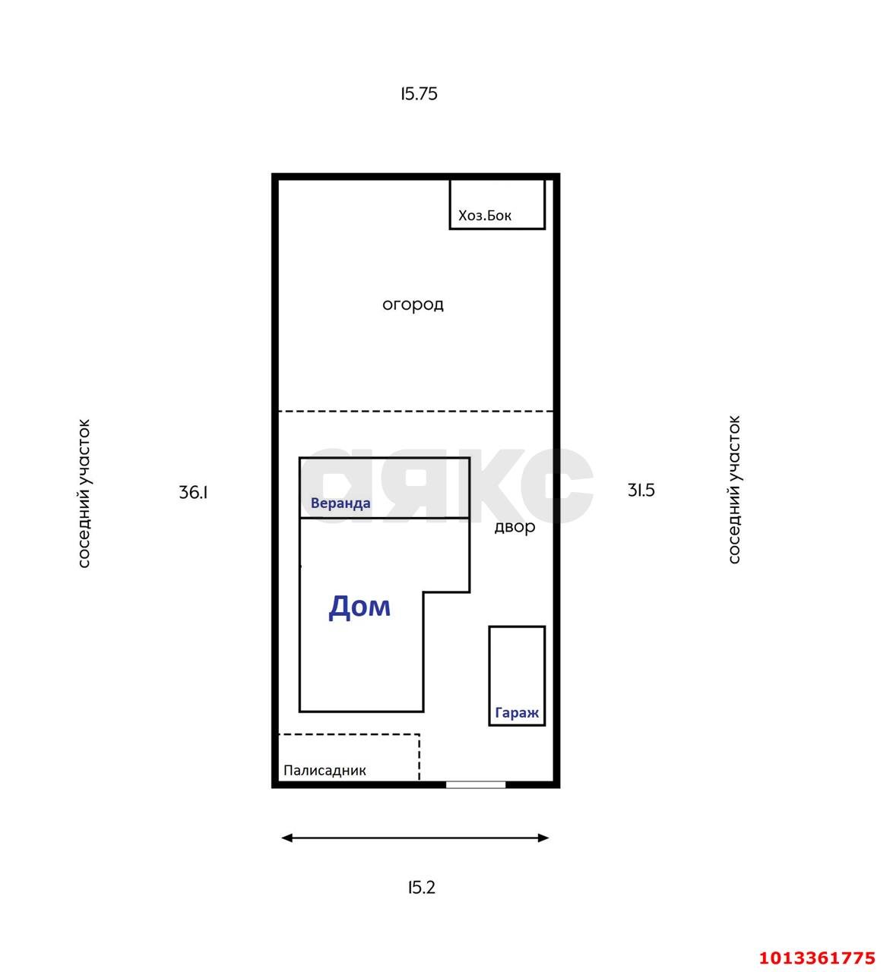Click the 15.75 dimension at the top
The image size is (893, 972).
point(419,93)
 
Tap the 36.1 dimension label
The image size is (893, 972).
point(193,492)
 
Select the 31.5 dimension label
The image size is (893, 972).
point(641,491)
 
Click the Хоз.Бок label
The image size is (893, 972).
point(485,216)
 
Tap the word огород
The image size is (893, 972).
point(413,305)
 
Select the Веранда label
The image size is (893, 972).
point(340,503)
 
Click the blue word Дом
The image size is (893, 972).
point(359,606)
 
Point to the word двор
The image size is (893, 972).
point(515,527)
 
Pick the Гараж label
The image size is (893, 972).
point(517,713)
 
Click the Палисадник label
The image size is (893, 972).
point(325,771)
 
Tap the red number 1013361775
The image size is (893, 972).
point(817,958)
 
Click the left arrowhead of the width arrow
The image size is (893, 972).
point(287,838)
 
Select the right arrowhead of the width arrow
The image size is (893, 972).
point(543,838)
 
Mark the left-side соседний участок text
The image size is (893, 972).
point(84,494)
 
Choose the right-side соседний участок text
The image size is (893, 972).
point(734,490)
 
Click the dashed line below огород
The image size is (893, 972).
point(416,412)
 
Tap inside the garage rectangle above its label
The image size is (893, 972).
point(517,664)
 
